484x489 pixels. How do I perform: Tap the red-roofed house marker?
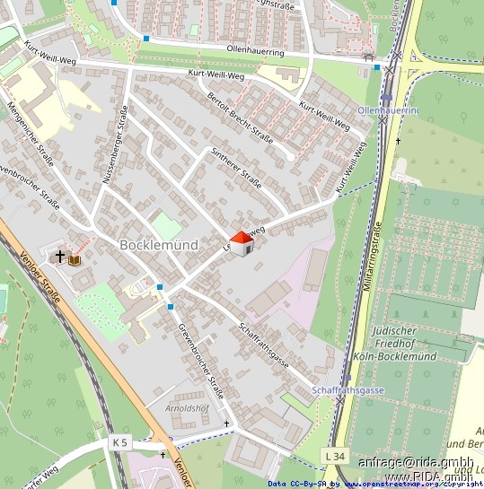click(x=242, y=242)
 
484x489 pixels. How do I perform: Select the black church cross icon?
click(x=60, y=258)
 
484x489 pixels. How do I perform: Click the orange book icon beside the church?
click(x=75, y=260)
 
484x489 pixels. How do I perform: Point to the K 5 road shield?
click(x=121, y=442)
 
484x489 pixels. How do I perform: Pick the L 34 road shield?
click(x=335, y=457)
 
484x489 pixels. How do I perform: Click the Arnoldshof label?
click(x=188, y=408)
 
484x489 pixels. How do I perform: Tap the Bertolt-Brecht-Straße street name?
click(x=240, y=118)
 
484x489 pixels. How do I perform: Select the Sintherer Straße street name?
click(x=235, y=169)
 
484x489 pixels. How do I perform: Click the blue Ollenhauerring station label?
click(x=388, y=109)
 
